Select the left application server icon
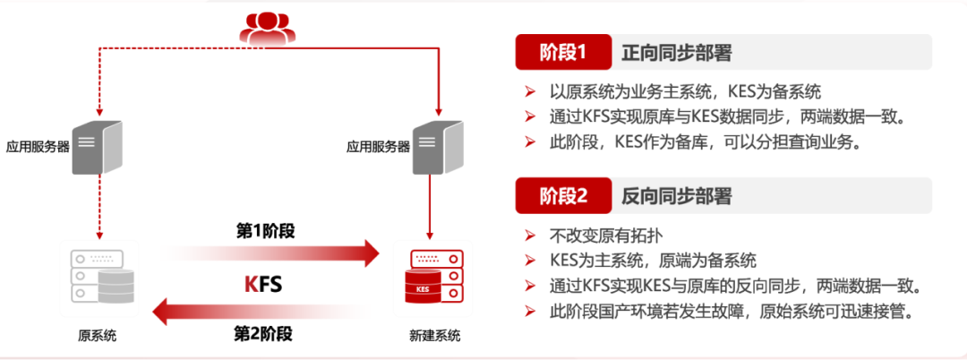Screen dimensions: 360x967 pos(98,147)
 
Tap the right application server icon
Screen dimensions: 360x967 pos(438,147)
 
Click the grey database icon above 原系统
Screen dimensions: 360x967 pos(100,277)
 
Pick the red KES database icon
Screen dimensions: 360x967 pos(436,277)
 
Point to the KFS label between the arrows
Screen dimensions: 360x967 pos(264,284)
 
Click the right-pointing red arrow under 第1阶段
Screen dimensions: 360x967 pos(269,253)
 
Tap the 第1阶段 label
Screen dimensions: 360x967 pos(265,231)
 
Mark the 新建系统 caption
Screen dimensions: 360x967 pos(435,336)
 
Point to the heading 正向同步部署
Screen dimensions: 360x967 pos(677,53)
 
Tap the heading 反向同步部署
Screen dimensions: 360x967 pos(677,195)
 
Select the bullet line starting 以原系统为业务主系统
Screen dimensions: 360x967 pos(685,91)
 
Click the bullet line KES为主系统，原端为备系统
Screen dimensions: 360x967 pos(653,261)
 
